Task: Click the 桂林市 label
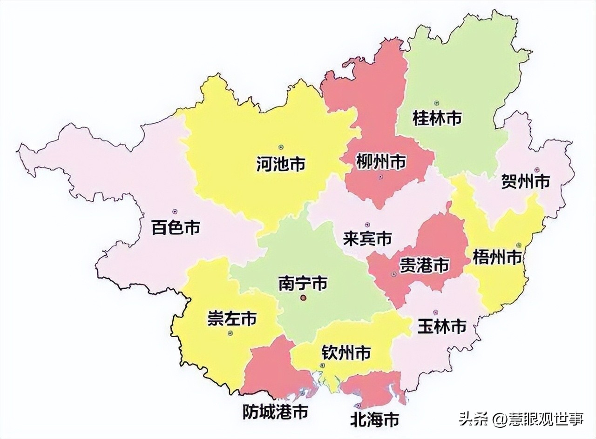pyautogui.click(x=437, y=119)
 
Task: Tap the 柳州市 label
pyautogui.click(x=380, y=162)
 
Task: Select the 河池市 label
pyautogui.click(x=281, y=164)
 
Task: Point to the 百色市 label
pyautogui.click(x=176, y=228)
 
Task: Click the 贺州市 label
pyautogui.click(x=525, y=181)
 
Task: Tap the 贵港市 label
pyautogui.click(x=424, y=266)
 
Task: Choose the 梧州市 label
pyautogui.click(x=497, y=257)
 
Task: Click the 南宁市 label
pyautogui.click(x=303, y=283)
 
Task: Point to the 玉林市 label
pyautogui.click(x=441, y=326)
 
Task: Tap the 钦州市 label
pyautogui.click(x=346, y=353)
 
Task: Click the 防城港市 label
pyautogui.click(x=276, y=412)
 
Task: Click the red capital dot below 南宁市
pyautogui.click(x=303, y=298)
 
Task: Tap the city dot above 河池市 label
pyautogui.click(x=281, y=147)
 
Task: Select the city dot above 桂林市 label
pyautogui.click(x=436, y=103)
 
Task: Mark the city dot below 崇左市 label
pyautogui.click(x=230, y=333)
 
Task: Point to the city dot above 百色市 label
pyautogui.click(x=175, y=212)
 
